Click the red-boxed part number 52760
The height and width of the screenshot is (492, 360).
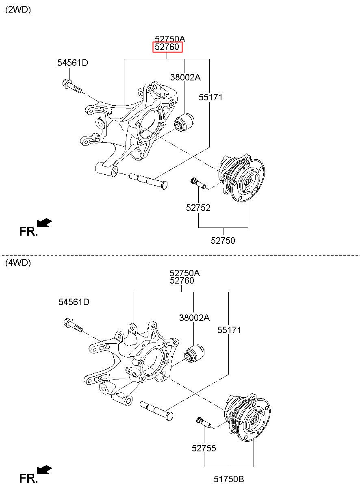click(167, 47)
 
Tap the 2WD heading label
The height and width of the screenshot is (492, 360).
click(18, 10)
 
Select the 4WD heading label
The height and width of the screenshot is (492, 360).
click(18, 263)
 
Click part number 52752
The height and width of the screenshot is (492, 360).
click(198, 208)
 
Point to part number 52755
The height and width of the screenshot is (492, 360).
click(204, 448)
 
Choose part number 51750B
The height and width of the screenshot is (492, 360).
click(229, 479)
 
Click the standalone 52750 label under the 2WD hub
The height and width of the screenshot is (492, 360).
click(223, 241)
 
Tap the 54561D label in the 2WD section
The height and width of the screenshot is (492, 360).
click(73, 63)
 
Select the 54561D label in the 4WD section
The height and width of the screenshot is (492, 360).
click(74, 302)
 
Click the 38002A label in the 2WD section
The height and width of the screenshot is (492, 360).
click(185, 77)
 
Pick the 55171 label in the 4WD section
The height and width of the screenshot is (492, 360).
click(229, 330)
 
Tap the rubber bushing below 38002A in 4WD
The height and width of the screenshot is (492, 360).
click(194, 353)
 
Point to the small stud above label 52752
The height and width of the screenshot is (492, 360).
click(198, 183)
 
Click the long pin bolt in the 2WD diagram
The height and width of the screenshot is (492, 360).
click(148, 181)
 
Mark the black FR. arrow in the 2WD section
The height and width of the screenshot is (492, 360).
click(44, 222)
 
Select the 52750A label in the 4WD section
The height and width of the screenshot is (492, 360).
click(184, 273)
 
